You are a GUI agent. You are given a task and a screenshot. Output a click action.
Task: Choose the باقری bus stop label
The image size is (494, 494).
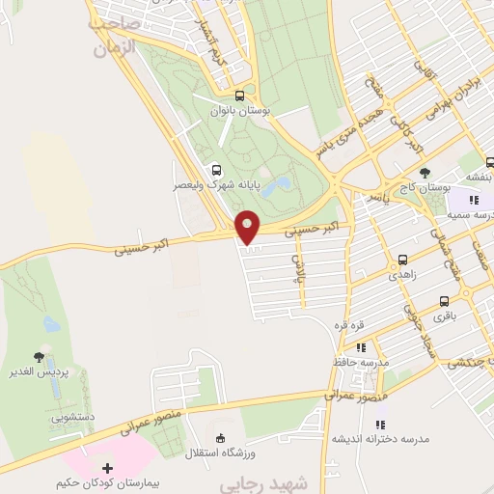coord(443,316)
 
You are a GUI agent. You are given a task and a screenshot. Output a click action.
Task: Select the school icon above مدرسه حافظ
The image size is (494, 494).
coord(360,347)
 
